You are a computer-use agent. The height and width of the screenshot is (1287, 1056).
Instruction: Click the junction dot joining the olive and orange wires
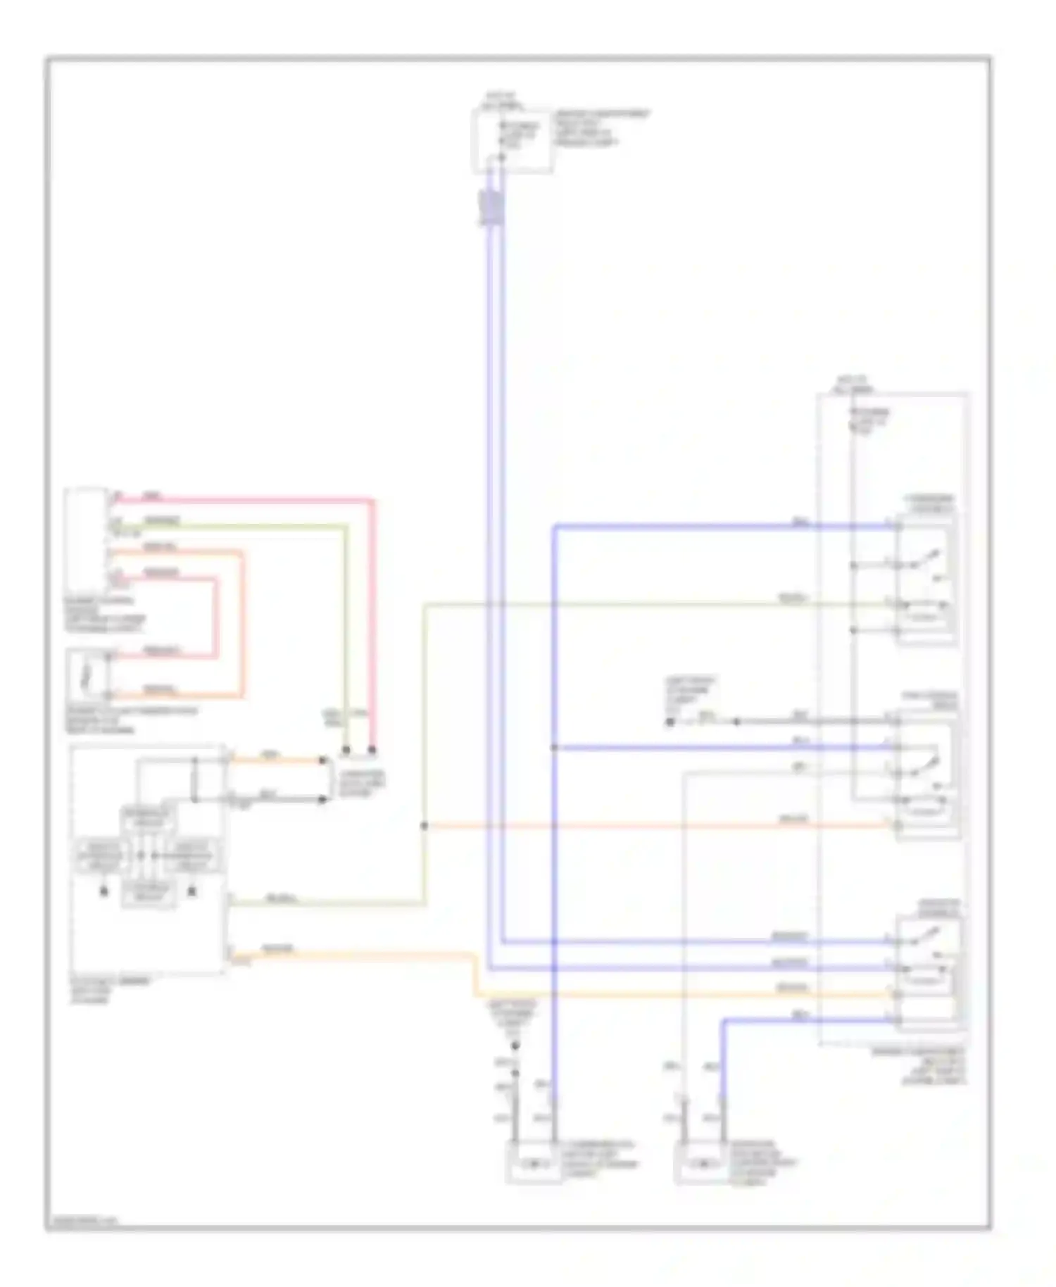pos(425,826)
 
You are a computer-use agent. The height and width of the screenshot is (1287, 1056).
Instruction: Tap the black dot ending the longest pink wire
pos(372,751)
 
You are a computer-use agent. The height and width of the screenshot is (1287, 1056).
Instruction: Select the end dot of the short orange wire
pos(323,760)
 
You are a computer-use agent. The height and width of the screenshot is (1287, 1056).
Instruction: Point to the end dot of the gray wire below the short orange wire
pos(323,799)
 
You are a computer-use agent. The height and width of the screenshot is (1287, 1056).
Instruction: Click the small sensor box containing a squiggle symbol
pos(87,674)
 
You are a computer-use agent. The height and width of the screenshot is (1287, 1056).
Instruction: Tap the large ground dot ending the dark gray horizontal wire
pos(670,722)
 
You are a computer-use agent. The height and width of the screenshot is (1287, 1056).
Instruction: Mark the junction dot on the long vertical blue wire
pos(554,747)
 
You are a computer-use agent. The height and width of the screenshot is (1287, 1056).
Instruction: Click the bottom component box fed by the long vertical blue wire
pos(533,1165)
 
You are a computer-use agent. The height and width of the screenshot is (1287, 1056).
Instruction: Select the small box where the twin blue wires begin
pos(512,141)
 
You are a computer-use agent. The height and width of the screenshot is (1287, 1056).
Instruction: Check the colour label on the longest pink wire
pos(151,496)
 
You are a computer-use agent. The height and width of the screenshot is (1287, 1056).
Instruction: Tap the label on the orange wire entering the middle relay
pos(792,820)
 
